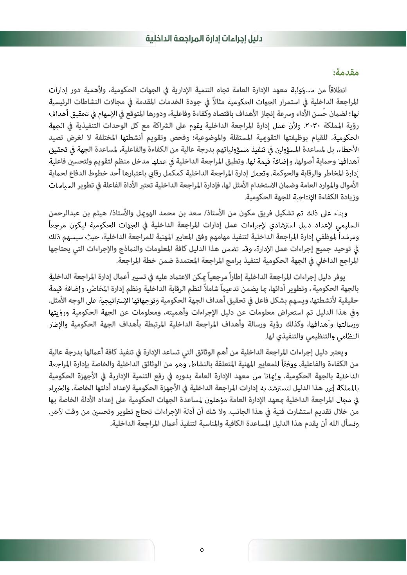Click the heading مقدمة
pos(346,73)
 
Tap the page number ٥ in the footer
pos(202,550)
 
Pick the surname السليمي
pos(348,225)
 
